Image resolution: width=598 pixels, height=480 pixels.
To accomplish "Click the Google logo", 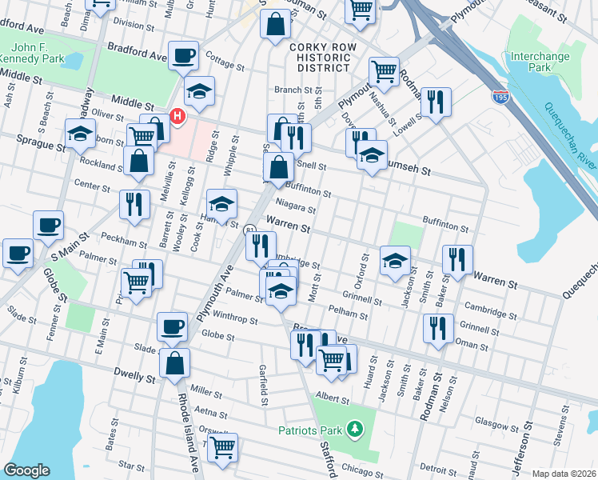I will [26, 470].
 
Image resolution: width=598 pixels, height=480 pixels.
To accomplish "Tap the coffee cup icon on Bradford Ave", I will [184, 55].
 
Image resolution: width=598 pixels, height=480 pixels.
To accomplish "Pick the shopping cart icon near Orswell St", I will [222, 446].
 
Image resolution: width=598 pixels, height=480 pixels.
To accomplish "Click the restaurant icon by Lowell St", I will [436, 102].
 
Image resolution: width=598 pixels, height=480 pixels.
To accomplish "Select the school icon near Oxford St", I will [394, 261].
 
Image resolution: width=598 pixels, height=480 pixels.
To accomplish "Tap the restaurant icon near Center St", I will [134, 203].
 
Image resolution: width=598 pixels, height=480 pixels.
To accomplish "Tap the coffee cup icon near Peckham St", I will [48, 225].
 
